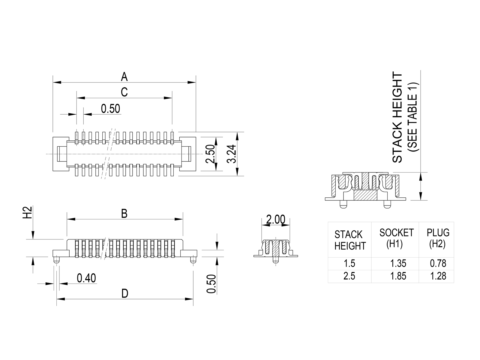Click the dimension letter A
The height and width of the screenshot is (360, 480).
pos(124,77)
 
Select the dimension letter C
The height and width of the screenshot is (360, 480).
pos(124,92)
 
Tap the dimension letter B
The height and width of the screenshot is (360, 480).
pos(124,214)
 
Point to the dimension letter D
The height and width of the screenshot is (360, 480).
pos(124,293)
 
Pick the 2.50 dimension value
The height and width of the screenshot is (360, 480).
pos(210,154)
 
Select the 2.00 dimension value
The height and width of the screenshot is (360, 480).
pos(275,220)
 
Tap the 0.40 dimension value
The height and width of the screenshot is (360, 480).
pos(86,278)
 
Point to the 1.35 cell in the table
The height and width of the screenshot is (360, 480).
pos(398,263)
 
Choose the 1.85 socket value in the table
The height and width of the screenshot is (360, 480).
pos(398,276)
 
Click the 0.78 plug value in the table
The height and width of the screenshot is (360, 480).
pos(438,263)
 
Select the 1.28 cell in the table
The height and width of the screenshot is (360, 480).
pos(438,276)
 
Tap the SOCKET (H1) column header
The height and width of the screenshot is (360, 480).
pos(397,238)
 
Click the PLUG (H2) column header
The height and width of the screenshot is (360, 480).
pos(438,238)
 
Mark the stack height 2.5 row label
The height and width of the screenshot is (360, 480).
pos(349,276)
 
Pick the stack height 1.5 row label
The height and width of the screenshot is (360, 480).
pos(349,263)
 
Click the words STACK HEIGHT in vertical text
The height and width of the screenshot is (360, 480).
pos(397,118)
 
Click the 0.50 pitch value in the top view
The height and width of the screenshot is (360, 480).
pos(110,109)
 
